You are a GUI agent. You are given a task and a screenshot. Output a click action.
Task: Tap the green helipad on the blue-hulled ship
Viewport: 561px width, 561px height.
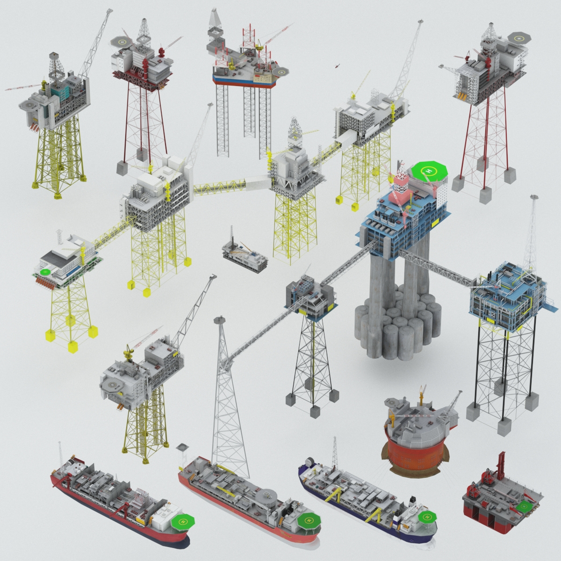(426, 517)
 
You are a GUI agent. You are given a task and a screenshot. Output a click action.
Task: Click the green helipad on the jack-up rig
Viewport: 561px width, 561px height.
(281, 72)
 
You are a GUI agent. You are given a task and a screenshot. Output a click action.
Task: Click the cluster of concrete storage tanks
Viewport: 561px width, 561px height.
(397, 327)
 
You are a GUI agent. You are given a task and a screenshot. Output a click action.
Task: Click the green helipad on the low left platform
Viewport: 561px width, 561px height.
(45, 271)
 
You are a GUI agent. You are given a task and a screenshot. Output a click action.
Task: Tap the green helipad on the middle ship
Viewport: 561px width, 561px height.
(308, 519)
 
